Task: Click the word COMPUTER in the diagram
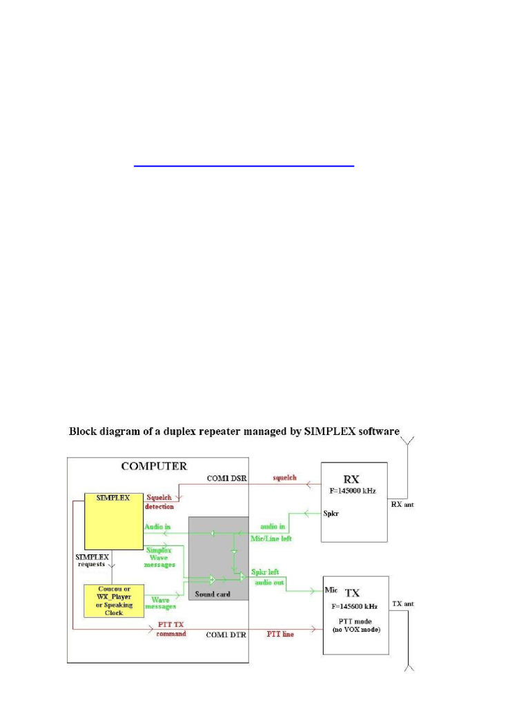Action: pyautogui.click(x=154, y=466)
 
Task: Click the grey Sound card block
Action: pyautogui.click(x=218, y=557)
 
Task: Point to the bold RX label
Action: pyautogui.click(x=353, y=479)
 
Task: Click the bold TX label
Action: pyautogui.click(x=353, y=592)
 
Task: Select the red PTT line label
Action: pyautogui.click(x=280, y=634)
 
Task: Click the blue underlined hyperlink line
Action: pyautogui.click(x=244, y=166)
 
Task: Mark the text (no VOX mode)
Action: pyautogui.click(x=355, y=630)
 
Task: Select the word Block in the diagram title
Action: pyautogui.click(x=83, y=432)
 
